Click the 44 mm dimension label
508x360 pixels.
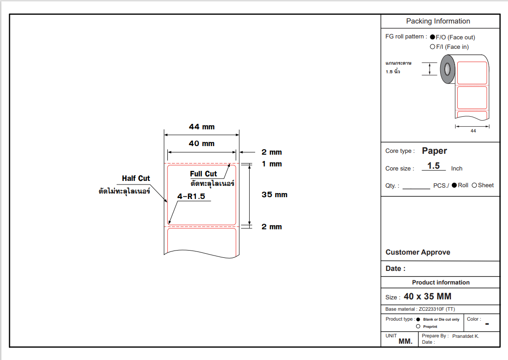point(202,127)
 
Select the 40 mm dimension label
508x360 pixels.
point(202,143)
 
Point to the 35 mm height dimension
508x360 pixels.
point(275,195)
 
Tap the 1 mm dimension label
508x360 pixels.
point(272,164)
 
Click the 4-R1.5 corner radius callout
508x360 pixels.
point(191,197)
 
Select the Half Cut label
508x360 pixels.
point(136,178)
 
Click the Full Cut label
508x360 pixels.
point(203,174)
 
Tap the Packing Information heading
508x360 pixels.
point(438,21)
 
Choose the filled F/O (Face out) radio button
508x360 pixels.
point(432,37)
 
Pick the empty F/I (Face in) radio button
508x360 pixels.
point(432,47)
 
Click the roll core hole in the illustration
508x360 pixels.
point(447,69)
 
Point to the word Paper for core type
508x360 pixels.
point(434,151)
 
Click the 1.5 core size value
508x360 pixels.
point(433,166)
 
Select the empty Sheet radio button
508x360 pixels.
point(474,185)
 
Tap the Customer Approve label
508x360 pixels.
point(418,252)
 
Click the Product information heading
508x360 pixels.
point(441,282)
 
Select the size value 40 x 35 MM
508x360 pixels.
point(427,297)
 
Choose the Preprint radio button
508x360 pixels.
point(418,327)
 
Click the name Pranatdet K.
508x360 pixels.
point(465,336)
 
